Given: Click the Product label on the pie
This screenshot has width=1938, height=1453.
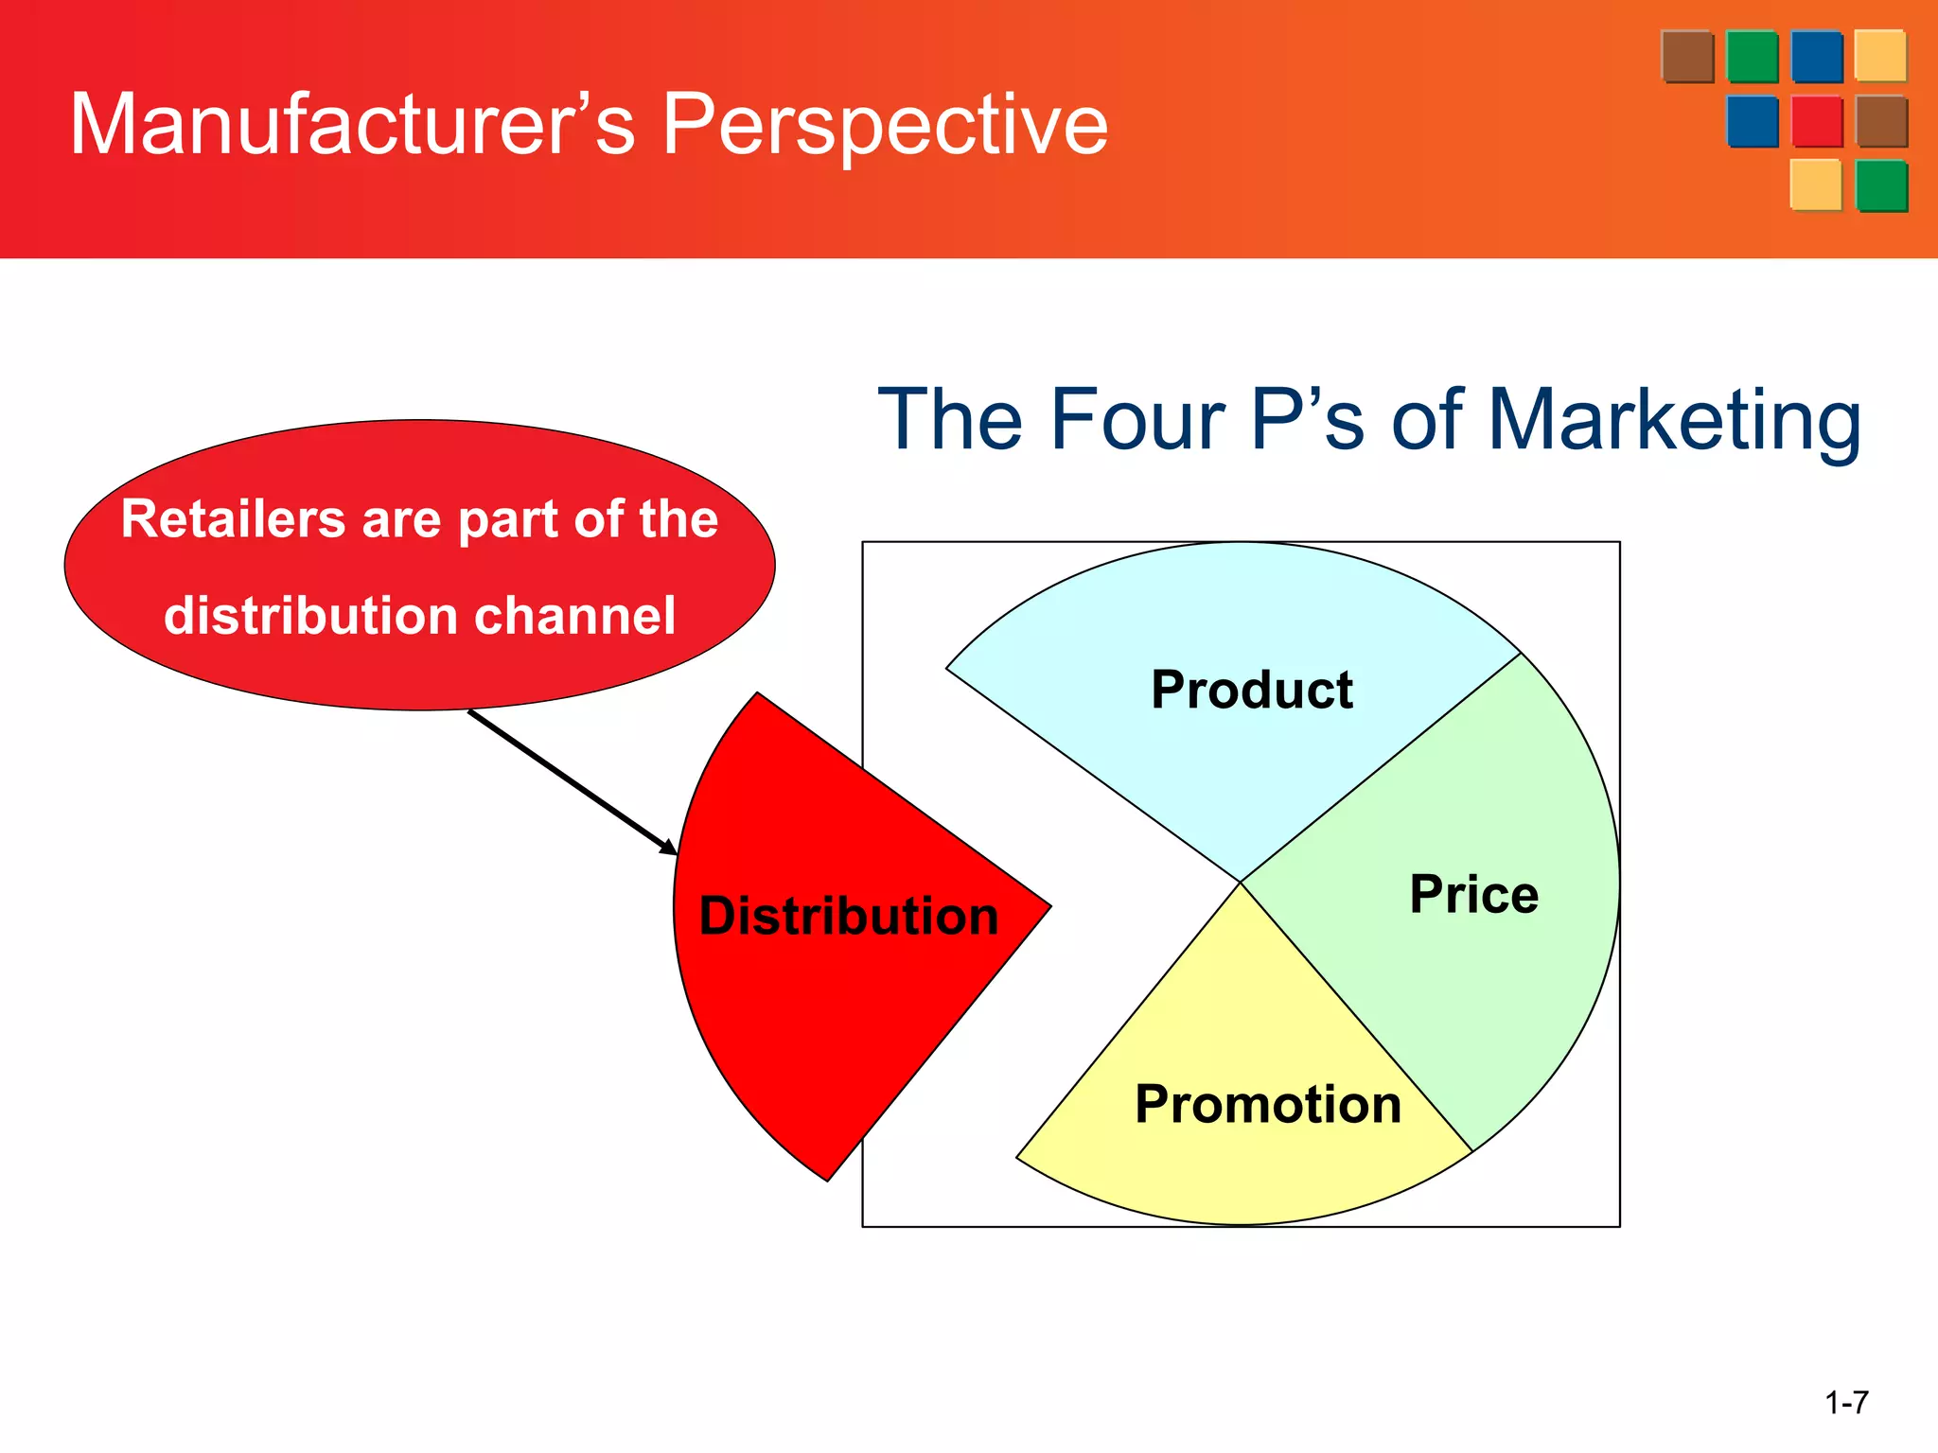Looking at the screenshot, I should [1251, 690].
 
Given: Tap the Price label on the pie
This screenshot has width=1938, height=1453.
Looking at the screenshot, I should [1473, 894].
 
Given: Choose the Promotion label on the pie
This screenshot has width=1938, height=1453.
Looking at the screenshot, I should [1268, 1104].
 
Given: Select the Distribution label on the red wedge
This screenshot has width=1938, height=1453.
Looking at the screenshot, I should [849, 916].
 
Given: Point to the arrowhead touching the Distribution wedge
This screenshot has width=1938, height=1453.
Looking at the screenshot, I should [669, 847].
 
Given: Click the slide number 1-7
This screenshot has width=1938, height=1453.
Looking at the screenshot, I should [1846, 1402].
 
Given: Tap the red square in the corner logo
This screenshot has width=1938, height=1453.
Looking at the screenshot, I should [1817, 121].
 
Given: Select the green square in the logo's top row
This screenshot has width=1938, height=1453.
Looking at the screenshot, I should [1753, 57].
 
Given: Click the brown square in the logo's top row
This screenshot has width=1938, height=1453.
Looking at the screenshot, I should [1687, 57].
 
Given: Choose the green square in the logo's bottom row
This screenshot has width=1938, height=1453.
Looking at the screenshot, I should [1881, 185].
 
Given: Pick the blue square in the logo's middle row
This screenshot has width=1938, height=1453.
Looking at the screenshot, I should [1753, 121].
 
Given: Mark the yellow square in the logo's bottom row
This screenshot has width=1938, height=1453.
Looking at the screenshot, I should [1816, 185].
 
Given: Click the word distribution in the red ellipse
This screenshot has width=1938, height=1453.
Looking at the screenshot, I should [312, 616].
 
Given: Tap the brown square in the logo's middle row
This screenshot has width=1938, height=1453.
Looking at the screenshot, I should [1881, 121].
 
